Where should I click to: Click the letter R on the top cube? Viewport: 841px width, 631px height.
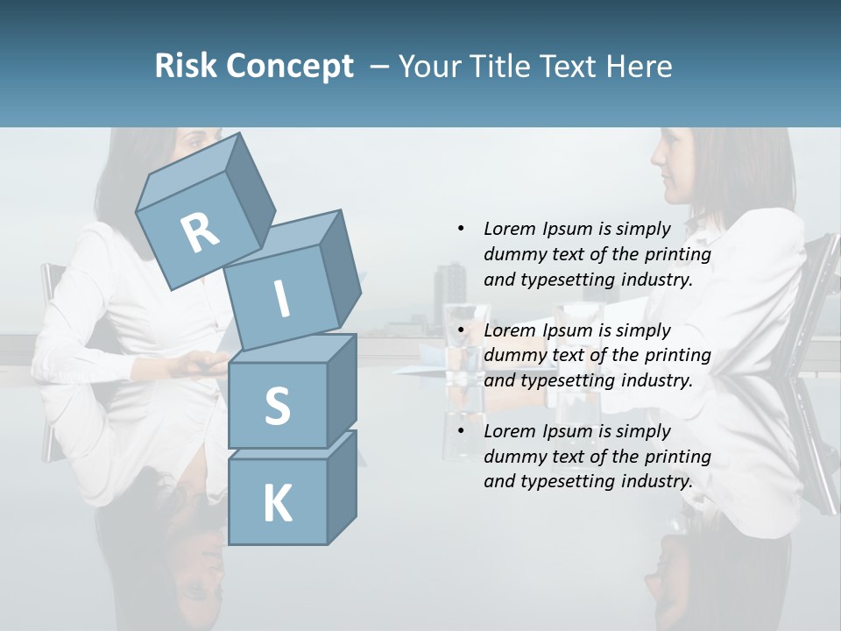point(200,232)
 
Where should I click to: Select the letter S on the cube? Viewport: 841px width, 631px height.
point(277,406)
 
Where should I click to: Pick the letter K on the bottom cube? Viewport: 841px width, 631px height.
point(277,503)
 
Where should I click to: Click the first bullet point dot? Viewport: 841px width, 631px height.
point(461,229)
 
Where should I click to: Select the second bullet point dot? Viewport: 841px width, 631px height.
point(461,330)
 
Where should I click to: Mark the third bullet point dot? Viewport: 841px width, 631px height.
point(461,431)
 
